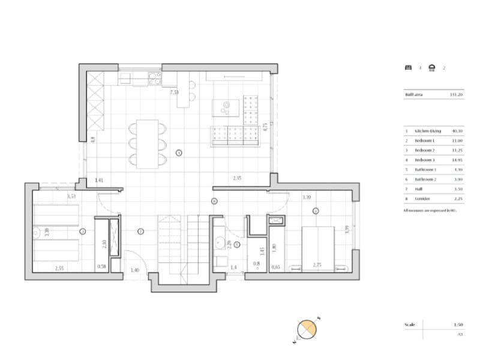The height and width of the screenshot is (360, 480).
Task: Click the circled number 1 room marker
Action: pyautogui.click(x=179, y=153)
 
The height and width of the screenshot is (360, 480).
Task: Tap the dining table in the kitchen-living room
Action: pyautogui.click(x=147, y=142)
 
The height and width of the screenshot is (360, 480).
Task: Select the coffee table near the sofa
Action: pyautogui.click(x=226, y=107)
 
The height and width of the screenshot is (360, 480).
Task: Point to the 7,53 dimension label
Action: pyautogui.click(x=174, y=92)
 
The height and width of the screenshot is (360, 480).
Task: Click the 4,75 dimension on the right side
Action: pyautogui.click(x=265, y=127)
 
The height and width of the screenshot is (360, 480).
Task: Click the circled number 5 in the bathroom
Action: pyautogui.click(x=237, y=244)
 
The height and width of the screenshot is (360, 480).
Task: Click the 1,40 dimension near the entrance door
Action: pyautogui.click(x=134, y=271)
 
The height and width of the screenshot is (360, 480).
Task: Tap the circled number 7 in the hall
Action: pyautogui.click(x=140, y=231)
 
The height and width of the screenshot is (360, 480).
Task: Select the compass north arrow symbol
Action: pyautogui.click(x=307, y=330)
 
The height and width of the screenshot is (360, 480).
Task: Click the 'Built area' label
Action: pyautogui.click(x=413, y=94)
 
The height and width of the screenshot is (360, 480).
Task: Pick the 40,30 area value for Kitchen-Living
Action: pyautogui.click(x=457, y=130)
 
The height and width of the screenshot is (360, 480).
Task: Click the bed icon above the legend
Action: pyautogui.click(x=408, y=68)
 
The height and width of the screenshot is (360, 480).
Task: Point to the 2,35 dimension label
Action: pyautogui.click(x=238, y=178)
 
